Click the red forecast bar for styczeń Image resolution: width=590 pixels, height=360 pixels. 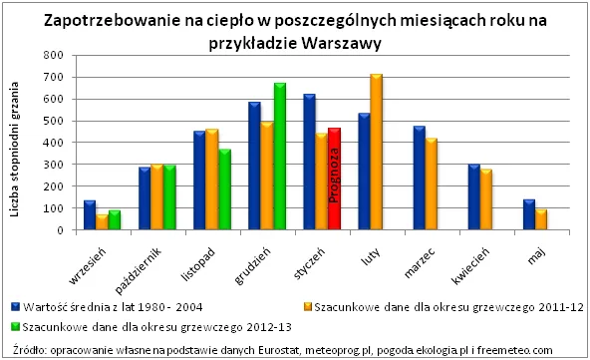(x=334, y=180)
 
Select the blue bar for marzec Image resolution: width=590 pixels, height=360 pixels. (x=418, y=179)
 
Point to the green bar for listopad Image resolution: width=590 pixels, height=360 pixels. (x=225, y=190)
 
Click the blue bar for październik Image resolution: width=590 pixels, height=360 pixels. (x=145, y=198)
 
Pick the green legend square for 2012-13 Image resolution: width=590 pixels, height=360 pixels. (x=17, y=325)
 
